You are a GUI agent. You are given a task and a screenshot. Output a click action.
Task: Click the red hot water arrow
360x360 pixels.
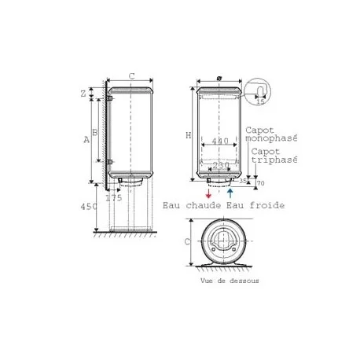tap(208, 192)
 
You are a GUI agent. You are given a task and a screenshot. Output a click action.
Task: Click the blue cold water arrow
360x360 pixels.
tap(230, 192)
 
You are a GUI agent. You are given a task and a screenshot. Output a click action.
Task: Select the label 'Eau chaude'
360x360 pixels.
tap(191, 205)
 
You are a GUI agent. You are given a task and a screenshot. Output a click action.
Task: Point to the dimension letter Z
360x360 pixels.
tap(83, 94)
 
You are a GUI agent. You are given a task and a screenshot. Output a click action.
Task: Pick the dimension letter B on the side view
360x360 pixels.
tap(95, 133)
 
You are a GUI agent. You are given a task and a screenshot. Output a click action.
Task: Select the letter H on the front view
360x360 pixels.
tap(188, 135)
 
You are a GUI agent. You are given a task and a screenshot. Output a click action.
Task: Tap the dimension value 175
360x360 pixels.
tap(114, 198)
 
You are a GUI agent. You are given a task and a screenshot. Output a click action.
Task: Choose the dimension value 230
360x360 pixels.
tap(221, 165)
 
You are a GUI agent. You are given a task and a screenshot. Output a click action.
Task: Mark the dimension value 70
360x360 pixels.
tap(260, 184)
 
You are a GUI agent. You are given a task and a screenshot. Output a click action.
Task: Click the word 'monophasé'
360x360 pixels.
tap(271, 137)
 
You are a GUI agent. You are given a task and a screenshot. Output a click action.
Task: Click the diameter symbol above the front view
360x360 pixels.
tap(217, 79)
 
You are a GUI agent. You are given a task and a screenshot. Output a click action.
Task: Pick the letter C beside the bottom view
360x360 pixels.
tap(187, 241)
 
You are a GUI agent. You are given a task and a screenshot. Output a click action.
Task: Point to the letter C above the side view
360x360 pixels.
tap(131, 76)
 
